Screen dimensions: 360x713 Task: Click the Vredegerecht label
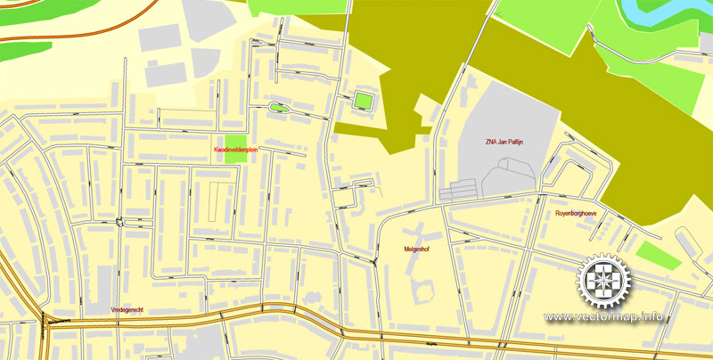pos(127,308)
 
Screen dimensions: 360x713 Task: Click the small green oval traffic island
pos(278,108)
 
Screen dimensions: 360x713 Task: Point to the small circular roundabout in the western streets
pos(119,220)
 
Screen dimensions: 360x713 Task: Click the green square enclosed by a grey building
pos(363,99)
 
